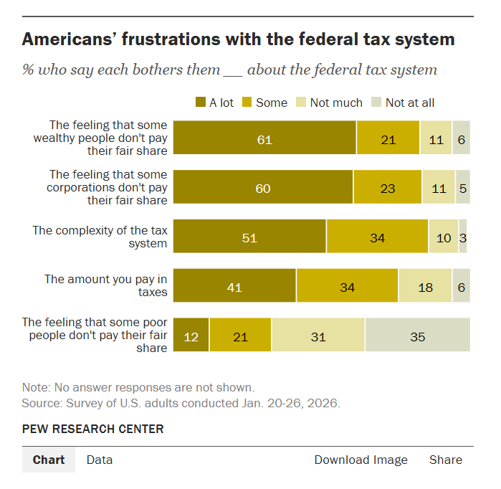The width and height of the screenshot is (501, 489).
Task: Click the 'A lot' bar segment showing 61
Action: click(x=264, y=139)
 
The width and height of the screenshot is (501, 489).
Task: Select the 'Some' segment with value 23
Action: click(x=387, y=188)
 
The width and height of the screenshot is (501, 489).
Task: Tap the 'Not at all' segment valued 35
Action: click(x=418, y=336)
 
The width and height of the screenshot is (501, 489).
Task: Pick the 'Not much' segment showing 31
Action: click(x=318, y=336)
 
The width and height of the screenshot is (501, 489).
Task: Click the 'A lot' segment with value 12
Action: click(x=191, y=336)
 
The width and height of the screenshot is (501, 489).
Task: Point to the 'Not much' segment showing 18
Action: click(x=425, y=287)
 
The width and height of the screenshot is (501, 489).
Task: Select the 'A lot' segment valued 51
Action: click(x=249, y=237)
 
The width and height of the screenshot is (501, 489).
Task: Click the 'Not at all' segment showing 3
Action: click(x=463, y=237)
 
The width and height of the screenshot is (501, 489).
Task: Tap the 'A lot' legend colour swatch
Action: click(x=201, y=103)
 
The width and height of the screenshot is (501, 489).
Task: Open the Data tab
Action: click(x=100, y=460)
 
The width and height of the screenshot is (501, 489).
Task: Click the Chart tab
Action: click(x=49, y=460)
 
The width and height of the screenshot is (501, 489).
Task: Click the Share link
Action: click(x=446, y=460)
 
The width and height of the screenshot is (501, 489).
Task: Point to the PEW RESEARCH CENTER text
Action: click(x=93, y=429)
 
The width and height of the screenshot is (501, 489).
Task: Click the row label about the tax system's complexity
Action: click(x=100, y=237)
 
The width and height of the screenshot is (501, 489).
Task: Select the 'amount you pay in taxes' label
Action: click(x=105, y=285)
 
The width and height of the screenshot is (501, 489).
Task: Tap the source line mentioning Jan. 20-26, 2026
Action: click(x=181, y=403)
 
